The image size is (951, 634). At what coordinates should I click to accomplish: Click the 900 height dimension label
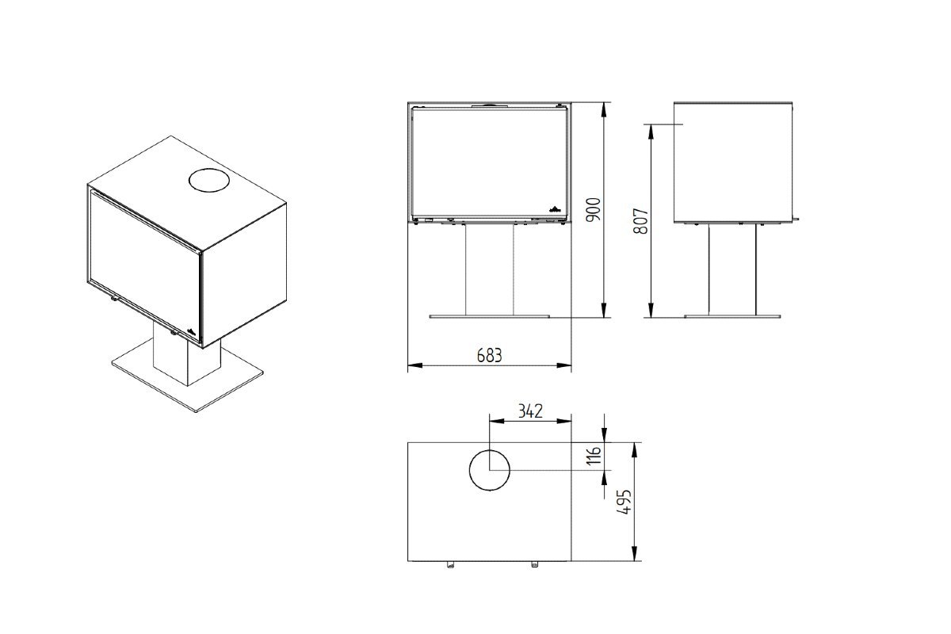[594, 209]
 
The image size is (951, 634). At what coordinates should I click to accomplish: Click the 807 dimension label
[640, 221]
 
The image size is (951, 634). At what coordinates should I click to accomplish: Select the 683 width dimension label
[489, 355]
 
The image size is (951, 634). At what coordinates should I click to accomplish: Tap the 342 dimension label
[530, 411]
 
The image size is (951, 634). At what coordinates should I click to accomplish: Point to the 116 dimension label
[594, 455]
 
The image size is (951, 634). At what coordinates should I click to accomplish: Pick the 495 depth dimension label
[624, 502]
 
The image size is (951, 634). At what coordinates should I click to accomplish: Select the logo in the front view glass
[556, 208]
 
